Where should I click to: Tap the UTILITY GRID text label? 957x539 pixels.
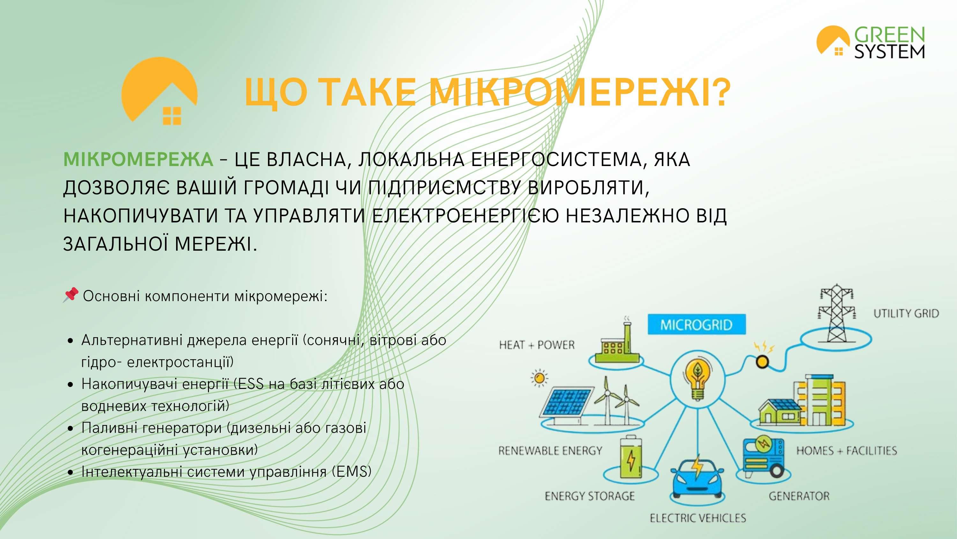pyautogui.click(x=906, y=314)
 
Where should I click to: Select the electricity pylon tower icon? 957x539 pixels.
pyautogui.click(x=836, y=314)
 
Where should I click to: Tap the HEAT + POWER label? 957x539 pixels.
pyautogui.click(x=537, y=345)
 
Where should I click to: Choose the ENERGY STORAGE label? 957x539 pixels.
pyautogui.click(x=590, y=496)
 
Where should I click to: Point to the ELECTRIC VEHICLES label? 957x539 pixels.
pyautogui.click(x=698, y=518)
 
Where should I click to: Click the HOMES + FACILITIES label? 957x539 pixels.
pyautogui.click(x=846, y=451)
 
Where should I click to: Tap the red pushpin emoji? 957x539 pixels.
pyautogui.click(x=70, y=295)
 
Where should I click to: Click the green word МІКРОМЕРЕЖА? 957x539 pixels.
pyautogui.click(x=138, y=160)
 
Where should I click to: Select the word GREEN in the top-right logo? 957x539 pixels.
pyautogui.click(x=889, y=35)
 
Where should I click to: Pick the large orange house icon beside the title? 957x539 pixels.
pyautogui.click(x=159, y=90)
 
